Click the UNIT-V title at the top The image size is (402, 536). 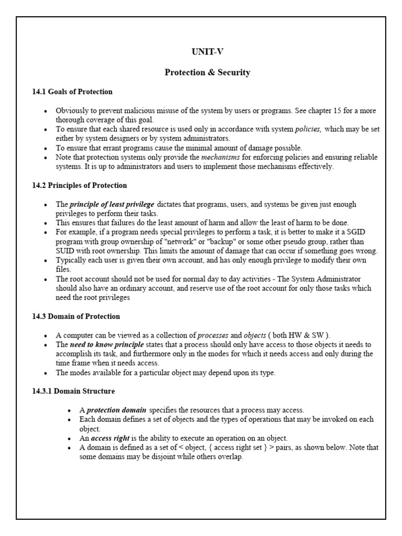pyautogui.click(x=207, y=52)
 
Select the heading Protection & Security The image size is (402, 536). pyautogui.click(x=207, y=73)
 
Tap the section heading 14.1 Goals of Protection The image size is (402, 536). pyautogui.click(x=72, y=92)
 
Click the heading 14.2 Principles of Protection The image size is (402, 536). pyautogui.click(x=80, y=185)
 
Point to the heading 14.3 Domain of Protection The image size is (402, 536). pyautogui.click(x=76, y=316)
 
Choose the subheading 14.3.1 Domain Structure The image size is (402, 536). pyautogui.click(x=73, y=391)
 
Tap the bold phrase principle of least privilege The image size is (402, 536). pyautogui.click(x=112, y=204)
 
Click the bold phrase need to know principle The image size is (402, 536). pyautogui.click(x=108, y=345)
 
